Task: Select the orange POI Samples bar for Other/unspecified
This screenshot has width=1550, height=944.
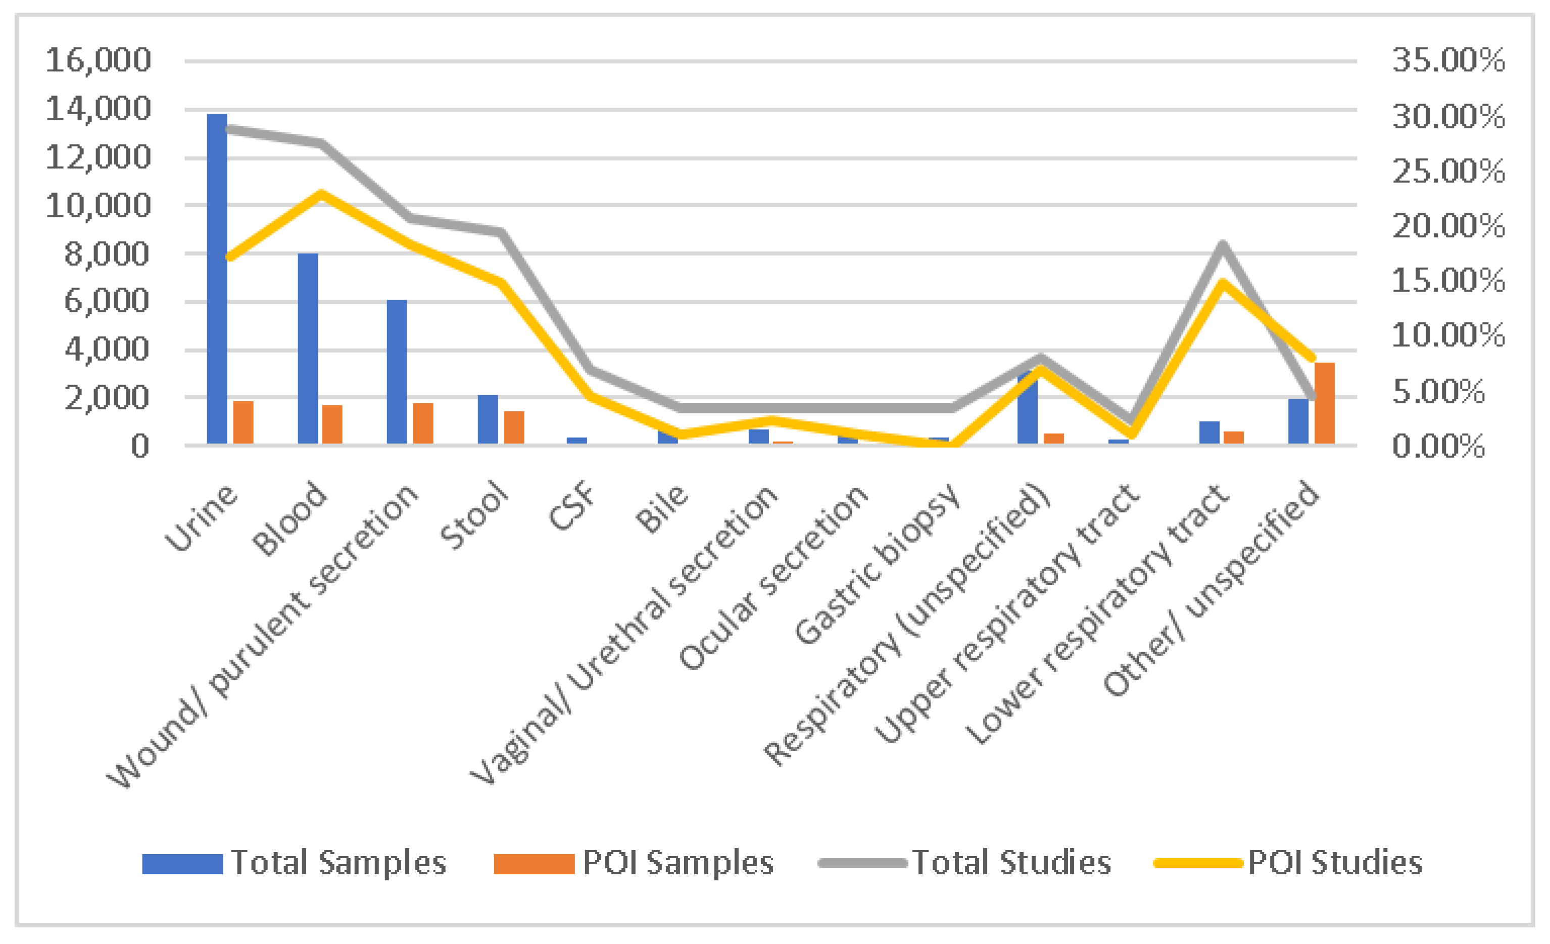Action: pyautogui.click(x=1324, y=403)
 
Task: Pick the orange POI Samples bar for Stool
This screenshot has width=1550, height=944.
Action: pyautogui.click(x=514, y=428)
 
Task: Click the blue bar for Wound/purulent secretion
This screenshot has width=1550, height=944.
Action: pyautogui.click(x=397, y=371)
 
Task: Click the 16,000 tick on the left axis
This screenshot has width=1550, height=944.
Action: pyautogui.click(x=99, y=61)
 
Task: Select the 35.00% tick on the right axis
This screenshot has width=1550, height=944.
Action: pyautogui.click(x=1448, y=61)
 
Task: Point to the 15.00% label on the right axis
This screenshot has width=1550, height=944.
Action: pyautogui.click(x=1448, y=280)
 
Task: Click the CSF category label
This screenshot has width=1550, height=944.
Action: pyautogui.click(x=570, y=506)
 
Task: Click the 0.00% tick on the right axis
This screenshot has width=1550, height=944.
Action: pyautogui.click(x=1438, y=446)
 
